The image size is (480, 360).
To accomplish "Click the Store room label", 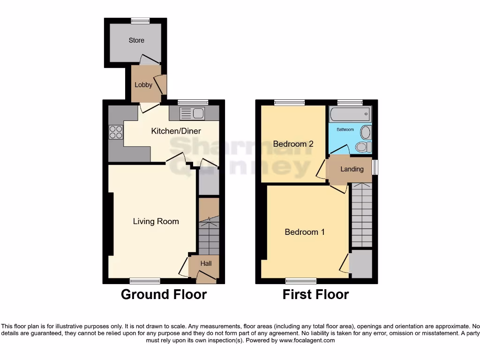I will pos(136,40).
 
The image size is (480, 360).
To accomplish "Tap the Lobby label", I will pos(143,85).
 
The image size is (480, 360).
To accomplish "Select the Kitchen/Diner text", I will pos(176,131).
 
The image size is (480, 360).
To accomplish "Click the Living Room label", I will pos(156,221).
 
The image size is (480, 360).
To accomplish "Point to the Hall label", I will pos(206,263).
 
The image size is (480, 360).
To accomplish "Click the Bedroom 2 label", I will pos(293,144).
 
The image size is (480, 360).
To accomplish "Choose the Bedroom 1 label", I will pos(305,232).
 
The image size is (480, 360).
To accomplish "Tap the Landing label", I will pos(352,169).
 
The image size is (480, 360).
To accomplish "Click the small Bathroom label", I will pos(345,129).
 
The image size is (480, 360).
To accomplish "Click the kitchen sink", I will pos(191,113).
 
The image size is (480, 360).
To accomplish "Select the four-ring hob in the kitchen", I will pos(115,133).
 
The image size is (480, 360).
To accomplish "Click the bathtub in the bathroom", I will pos(350,114).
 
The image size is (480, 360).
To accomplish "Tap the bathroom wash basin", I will pos(366,132).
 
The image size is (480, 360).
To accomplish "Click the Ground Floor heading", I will pos(164,294).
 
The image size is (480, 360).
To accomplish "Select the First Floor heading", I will pos(315,294).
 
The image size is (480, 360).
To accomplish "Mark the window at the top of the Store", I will pos(140,20).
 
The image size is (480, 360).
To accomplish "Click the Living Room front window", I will pos(145,281).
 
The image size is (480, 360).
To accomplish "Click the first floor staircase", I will pos(361,216).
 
